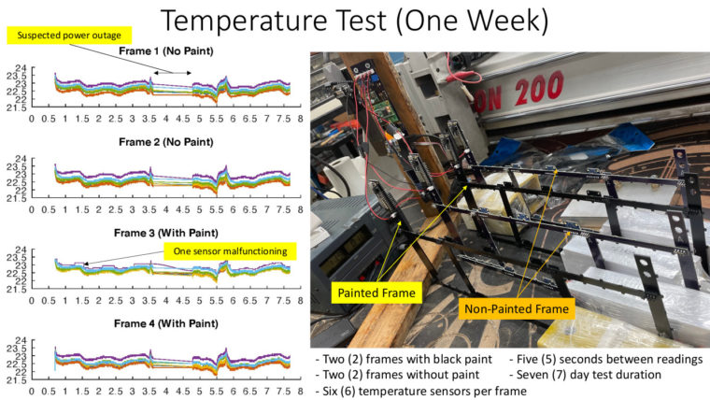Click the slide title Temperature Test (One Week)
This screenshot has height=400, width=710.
pos(355,21)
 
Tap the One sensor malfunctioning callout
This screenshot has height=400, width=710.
pos(230,250)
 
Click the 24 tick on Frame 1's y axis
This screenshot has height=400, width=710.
pos(21,68)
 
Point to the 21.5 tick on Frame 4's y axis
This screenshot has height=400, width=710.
pos(17,380)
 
